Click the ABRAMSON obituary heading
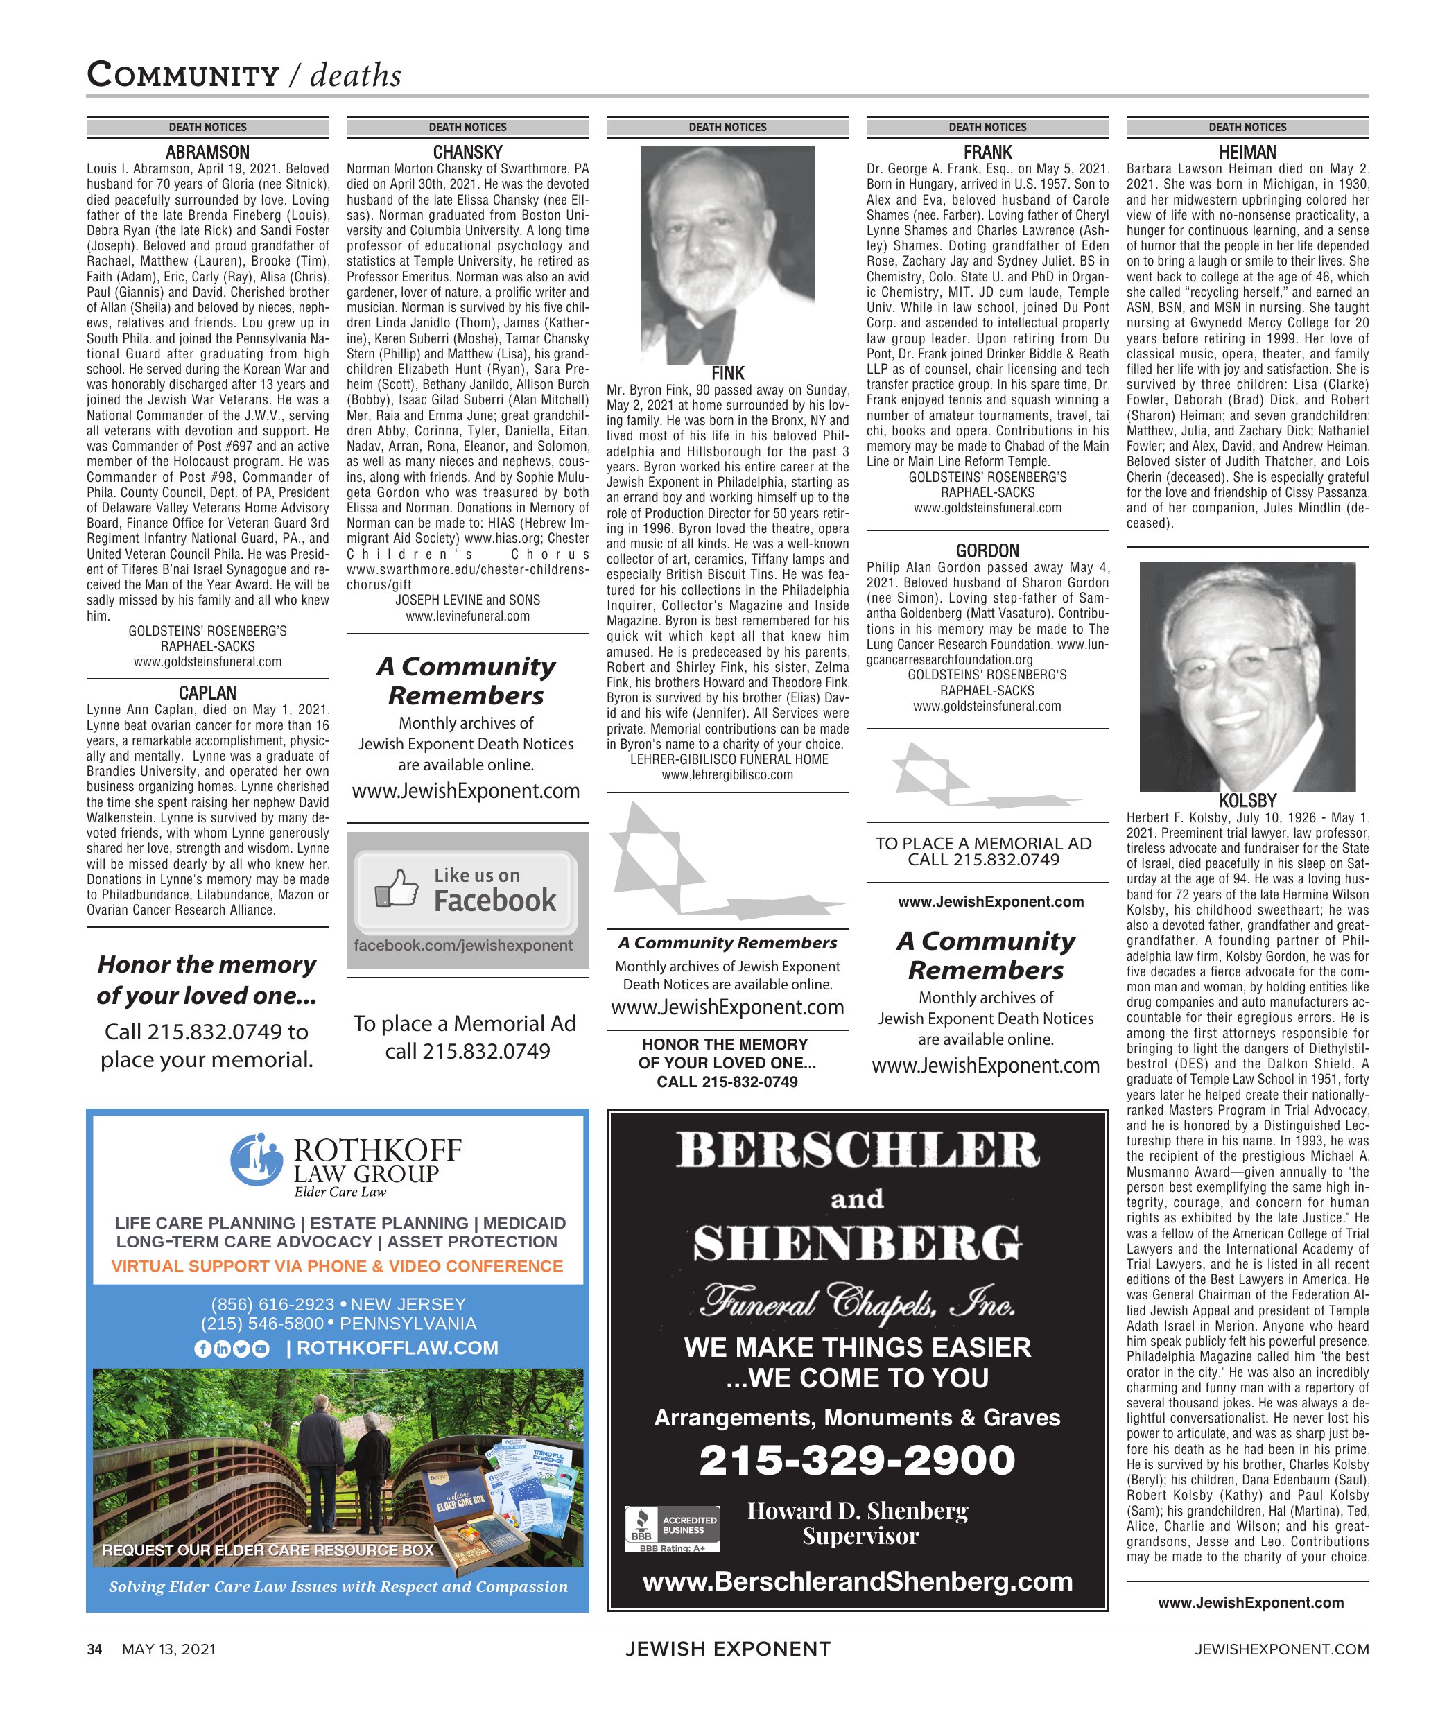(x=207, y=153)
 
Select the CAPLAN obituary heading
(x=207, y=693)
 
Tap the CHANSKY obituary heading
(x=467, y=153)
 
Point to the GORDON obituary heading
(x=987, y=551)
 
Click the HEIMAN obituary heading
(x=1247, y=153)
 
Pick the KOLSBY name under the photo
(x=1247, y=801)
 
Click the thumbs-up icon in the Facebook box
(x=396, y=890)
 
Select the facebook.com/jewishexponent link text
(x=463, y=946)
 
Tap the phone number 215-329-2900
(x=857, y=1460)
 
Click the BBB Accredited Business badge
(x=673, y=1528)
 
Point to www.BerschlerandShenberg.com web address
(x=857, y=1581)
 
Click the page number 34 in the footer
(x=95, y=1650)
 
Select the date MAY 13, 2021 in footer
(x=168, y=1650)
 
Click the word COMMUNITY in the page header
(x=182, y=75)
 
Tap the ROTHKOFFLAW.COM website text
(x=397, y=1348)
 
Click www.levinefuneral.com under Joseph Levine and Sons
(x=467, y=616)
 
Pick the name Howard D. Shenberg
(x=858, y=1511)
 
